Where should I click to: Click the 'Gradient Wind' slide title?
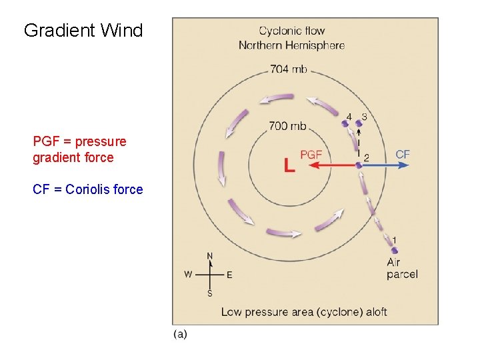[83, 31]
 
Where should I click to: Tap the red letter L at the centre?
[289, 165]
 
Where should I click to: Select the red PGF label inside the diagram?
[311, 154]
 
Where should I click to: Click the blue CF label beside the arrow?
[403, 154]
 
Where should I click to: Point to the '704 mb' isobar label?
[288, 69]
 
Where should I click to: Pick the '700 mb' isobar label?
[288, 125]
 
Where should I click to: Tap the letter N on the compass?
[210, 256]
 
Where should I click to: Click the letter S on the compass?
[210, 293]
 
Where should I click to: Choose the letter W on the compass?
[189, 274]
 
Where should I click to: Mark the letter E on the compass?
[229, 275]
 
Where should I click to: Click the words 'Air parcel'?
[401, 269]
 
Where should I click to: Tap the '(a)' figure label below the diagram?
[180, 334]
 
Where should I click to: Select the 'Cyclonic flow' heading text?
[291, 31]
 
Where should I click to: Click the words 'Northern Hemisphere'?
[291, 45]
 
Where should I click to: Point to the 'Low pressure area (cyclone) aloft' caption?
[303, 311]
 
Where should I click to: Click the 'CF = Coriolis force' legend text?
[87, 189]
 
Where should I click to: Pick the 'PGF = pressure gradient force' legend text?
[79, 149]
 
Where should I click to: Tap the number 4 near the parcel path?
[349, 117]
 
